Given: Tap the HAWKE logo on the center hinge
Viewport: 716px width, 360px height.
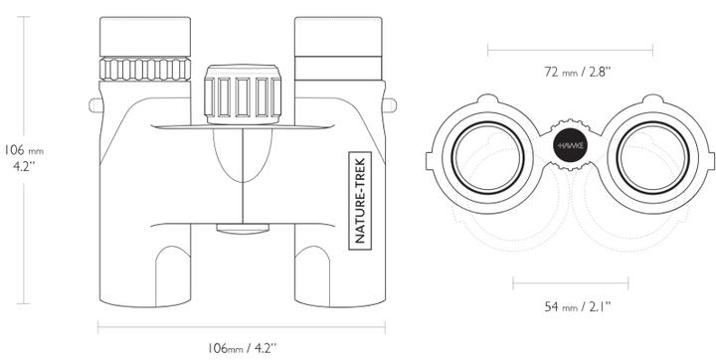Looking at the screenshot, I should click(571, 145).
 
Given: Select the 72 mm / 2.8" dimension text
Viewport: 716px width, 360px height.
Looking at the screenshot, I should click(571, 73).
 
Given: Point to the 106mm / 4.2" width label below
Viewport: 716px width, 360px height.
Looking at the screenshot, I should click(243, 348).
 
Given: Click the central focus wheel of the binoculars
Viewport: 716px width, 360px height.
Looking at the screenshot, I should click(243, 94).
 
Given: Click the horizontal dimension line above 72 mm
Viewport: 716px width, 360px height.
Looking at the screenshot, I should click(570, 47).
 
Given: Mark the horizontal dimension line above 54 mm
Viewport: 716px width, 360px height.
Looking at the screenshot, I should click(570, 283).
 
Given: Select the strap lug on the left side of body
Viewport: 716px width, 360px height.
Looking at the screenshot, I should click(94, 103).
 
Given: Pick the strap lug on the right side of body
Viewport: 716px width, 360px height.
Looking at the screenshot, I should click(391, 103).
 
